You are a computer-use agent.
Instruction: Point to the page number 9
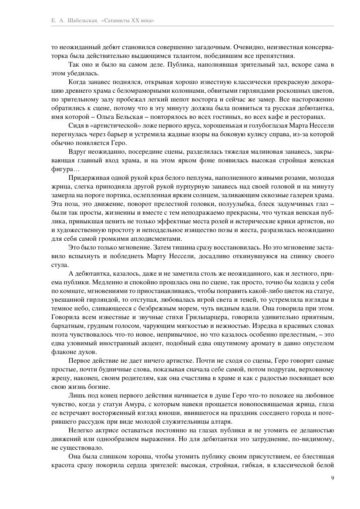(x=333, y=478)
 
